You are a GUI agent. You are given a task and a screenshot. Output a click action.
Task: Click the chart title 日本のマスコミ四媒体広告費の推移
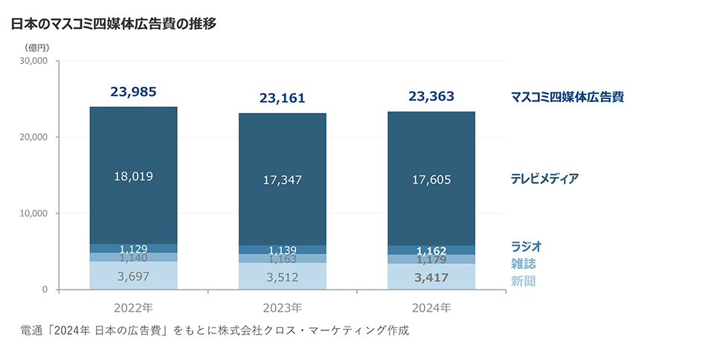pos(113,24)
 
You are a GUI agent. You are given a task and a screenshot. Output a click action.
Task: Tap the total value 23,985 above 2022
pos(133,92)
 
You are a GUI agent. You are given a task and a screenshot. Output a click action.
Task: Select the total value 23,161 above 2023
pos(282,97)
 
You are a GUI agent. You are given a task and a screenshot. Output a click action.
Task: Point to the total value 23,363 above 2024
pos(431,96)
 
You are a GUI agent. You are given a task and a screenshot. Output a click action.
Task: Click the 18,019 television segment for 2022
pos(133,176)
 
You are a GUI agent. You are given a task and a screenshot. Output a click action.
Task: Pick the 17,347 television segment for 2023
pos(282,179)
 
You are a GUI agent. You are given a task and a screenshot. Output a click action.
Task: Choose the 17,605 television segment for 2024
pos(431,179)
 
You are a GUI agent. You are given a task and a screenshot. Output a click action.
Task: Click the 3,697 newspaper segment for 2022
pos(133,276)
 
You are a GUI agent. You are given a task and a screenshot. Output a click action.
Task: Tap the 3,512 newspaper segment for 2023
pos(282,277)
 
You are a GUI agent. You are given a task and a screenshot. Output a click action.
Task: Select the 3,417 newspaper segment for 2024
pos(431,277)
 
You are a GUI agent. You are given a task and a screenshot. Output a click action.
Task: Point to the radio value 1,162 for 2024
pos(431,251)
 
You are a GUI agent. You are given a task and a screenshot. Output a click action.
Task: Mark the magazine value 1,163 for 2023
pos(282,260)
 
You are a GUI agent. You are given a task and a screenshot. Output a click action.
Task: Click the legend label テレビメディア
pos(544,179)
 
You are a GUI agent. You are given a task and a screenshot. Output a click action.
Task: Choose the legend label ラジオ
pos(526,246)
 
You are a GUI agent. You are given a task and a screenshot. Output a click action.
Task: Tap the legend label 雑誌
pos(523,263)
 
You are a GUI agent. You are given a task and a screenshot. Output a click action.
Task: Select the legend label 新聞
pos(523,281)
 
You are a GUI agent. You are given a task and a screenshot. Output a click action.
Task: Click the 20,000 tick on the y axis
pos(33,137)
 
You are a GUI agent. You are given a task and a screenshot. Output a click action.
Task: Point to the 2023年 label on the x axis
pos(282,306)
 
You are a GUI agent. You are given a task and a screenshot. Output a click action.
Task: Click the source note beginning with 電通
pos(216,330)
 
